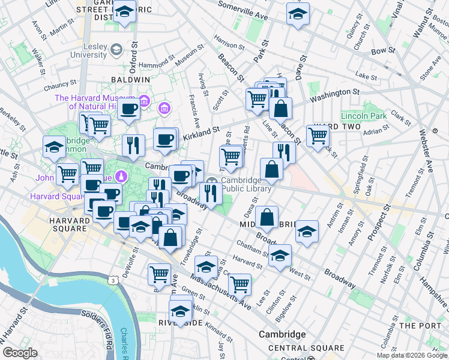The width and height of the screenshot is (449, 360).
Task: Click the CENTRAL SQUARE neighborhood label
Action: (298, 348)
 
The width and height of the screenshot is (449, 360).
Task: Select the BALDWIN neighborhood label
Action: (130, 79)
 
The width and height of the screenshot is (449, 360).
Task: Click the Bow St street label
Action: (382, 51)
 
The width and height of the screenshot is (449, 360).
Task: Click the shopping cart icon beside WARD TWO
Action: (318, 135)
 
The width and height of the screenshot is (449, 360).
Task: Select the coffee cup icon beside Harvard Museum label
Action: (128, 109)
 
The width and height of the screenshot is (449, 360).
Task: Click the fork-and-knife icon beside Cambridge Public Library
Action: (210, 192)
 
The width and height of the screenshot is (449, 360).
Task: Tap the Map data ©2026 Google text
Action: (412, 355)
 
